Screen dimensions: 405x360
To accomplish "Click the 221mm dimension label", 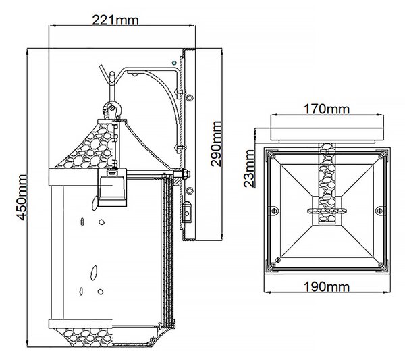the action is [x=115, y=20].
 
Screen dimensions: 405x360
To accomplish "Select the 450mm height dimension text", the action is [x=20, y=197].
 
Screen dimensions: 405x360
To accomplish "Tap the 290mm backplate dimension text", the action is [x=216, y=144].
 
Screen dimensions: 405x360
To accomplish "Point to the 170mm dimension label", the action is [x=327, y=109].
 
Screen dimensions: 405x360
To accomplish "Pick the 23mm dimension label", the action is [x=249, y=168].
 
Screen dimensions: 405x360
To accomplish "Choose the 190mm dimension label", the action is [x=327, y=287].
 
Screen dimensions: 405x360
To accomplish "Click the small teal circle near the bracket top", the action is [x=174, y=63].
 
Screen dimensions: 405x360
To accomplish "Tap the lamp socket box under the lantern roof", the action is [x=112, y=187].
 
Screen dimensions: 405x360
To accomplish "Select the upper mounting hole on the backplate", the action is [x=190, y=97].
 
